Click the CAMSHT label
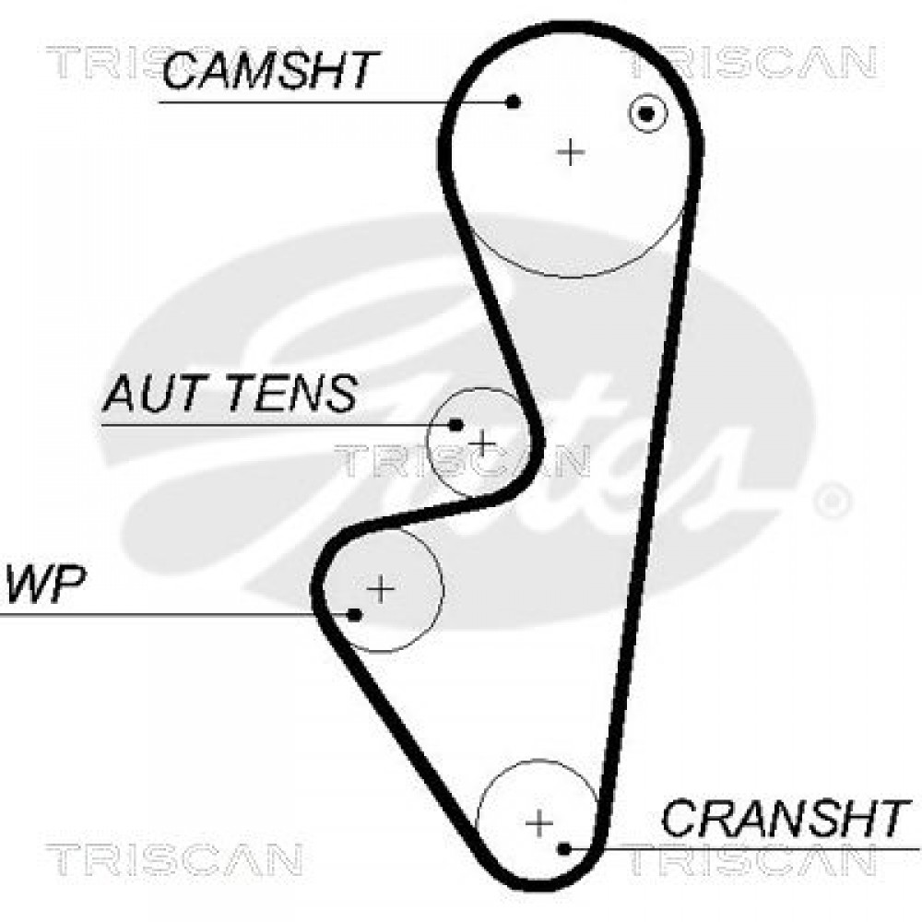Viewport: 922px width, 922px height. click(270, 69)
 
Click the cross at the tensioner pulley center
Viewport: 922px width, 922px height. click(481, 443)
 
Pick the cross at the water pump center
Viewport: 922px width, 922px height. click(381, 588)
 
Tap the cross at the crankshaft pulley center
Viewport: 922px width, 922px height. click(539, 822)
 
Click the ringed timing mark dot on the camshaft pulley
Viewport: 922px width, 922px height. click(647, 113)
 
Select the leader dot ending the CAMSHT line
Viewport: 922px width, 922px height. click(514, 101)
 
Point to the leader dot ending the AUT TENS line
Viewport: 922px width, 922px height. click(455, 424)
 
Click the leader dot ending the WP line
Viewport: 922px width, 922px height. click(354, 615)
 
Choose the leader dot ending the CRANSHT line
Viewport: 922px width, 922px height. click(564, 848)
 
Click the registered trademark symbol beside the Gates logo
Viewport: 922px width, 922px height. click(832, 501)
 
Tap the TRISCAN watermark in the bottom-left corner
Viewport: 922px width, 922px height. click(174, 858)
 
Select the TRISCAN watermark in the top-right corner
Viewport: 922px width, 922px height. click(752, 63)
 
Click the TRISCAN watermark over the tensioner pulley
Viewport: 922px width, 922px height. click(463, 460)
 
